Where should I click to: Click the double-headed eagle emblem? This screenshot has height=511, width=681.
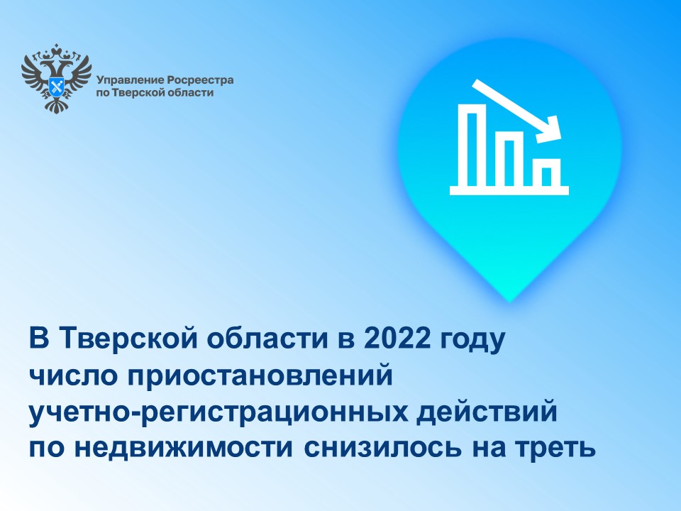(57, 78)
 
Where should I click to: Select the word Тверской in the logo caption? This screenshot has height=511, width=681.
(140, 92)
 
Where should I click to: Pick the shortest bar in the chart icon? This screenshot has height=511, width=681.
(550, 172)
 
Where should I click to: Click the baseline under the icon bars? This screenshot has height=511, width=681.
(509, 190)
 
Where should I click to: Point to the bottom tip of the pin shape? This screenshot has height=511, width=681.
(510, 301)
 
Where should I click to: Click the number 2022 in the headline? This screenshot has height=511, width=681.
(397, 339)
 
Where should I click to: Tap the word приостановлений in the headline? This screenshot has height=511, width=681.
(260, 376)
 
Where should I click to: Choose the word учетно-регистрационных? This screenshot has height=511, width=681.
(218, 414)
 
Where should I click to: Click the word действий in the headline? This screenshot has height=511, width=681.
(487, 412)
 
